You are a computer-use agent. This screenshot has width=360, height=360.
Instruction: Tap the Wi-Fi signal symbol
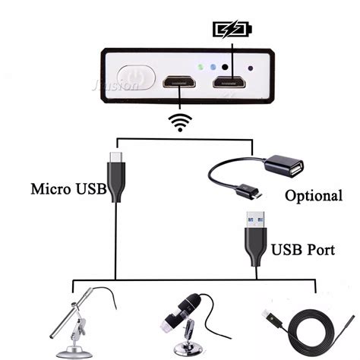[x=179, y=122]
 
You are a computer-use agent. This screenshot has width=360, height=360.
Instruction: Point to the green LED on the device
[x=200, y=67]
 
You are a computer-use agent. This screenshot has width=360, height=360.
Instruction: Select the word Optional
[x=313, y=195]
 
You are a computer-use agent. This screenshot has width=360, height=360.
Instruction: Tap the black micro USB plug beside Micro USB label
[x=115, y=177]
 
